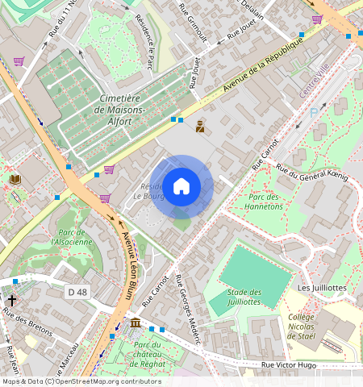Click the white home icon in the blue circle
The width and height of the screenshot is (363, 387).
(x=181, y=186)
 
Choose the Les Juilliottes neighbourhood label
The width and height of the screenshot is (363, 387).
(x=321, y=287)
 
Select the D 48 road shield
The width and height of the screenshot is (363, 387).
(x=77, y=292)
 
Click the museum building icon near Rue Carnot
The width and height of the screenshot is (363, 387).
(x=135, y=323)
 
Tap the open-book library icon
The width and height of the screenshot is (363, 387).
(x=15, y=179)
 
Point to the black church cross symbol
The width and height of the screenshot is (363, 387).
(x=11, y=298)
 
